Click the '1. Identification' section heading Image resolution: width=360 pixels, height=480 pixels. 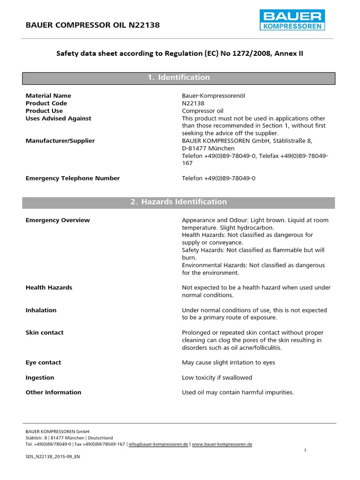pyautogui.click(x=179, y=77)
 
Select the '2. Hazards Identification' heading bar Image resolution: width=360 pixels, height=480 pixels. pyautogui.click(x=179, y=202)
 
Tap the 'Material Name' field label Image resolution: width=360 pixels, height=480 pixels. pyautogui.click(x=48, y=96)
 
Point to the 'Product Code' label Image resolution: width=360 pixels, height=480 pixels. pyautogui.click(x=46, y=103)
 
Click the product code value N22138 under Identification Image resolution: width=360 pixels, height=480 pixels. pyautogui.click(x=193, y=103)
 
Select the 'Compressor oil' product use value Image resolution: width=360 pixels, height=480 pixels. pyautogui.click(x=202, y=111)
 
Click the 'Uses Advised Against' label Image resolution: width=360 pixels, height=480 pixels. pyautogui.click(x=58, y=118)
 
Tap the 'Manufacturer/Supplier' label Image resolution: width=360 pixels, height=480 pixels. pyautogui.click(x=60, y=141)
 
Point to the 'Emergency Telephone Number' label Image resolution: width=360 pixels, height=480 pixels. pyautogui.click(x=73, y=178)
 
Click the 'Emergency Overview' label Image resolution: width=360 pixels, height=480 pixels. pyautogui.click(x=58, y=220)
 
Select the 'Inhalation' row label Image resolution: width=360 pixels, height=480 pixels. pyautogui.click(x=41, y=310)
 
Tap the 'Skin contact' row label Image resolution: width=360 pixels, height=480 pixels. pyautogui.click(x=45, y=332)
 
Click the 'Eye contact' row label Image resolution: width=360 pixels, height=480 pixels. pyautogui.click(x=43, y=362)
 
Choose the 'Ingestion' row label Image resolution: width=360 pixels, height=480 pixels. pyautogui.click(x=40, y=377)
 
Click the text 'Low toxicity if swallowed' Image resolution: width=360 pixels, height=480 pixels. pyautogui.click(x=217, y=377)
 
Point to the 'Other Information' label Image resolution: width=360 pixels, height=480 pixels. pyautogui.click(x=53, y=392)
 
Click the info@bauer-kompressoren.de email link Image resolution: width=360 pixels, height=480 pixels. pyautogui.click(x=158, y=444)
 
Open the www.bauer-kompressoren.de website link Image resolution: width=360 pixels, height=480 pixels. pyautogui.click(x=222, y=444)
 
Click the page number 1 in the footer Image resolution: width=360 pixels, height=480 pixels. pyautogui.click(x=305, y=450)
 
